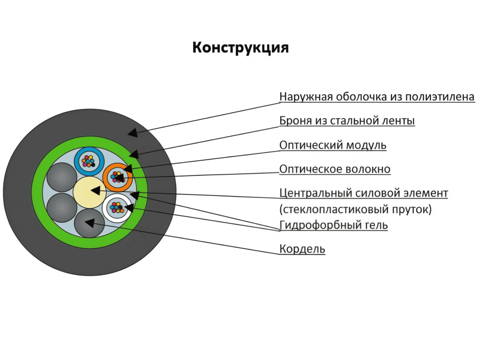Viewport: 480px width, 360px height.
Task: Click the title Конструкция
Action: (x=240, y=48)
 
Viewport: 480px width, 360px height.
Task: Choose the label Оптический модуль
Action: (x=333, y=145)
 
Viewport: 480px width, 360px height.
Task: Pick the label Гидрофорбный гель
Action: (x=333, y=225)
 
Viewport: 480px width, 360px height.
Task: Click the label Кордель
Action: (x=302, y=249)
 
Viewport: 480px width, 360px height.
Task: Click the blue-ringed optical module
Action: (x=89, y=161)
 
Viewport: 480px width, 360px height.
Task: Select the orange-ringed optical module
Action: (x=117, y=178)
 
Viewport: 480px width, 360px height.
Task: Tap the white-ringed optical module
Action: (x=117, y=207)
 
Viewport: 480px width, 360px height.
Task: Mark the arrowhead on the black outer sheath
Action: (x=133, y=132)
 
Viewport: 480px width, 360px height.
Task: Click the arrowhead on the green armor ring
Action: (x=134, y=154)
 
